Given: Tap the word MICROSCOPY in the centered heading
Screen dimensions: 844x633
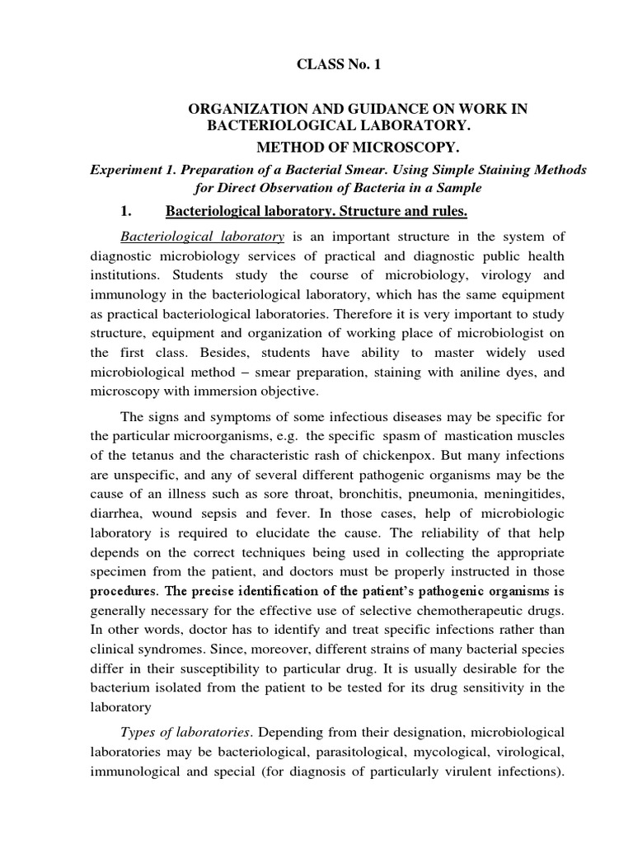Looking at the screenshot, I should pyautogui.click(x=405, y=148).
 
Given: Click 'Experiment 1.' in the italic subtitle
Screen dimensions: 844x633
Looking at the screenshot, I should pyautogui.click(x=127, y=170).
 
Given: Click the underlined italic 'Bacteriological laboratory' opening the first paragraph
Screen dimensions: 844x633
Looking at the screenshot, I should pyautogui.click(x=202, y=237).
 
